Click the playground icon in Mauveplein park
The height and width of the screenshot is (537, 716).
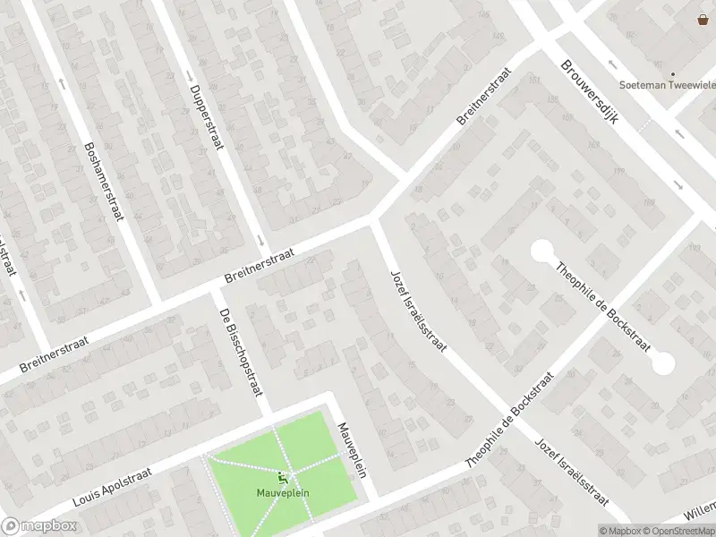pos(284,479)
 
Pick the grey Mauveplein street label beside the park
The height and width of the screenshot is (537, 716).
pos(353,450)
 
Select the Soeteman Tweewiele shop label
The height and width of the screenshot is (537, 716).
pos(671,88)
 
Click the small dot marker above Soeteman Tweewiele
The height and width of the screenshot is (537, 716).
pos(671,75)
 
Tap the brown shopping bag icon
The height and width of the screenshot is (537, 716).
pos(703,20)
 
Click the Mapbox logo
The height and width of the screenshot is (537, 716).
pos(38,525)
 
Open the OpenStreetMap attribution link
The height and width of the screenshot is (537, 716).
pos(678,531)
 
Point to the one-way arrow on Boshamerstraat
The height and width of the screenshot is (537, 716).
pos(62,82)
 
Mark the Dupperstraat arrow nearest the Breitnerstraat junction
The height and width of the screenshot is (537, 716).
pos(260,240)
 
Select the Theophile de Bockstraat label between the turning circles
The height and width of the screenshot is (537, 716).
pos(601,305)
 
